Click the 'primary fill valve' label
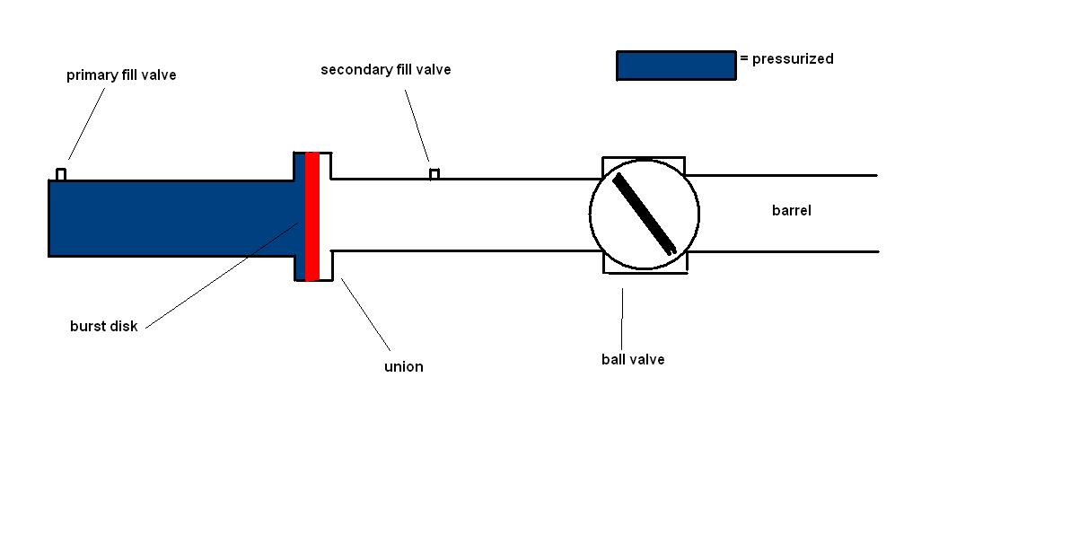click(121, 75)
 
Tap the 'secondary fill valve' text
click(386, 69)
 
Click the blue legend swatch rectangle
click(676, 66)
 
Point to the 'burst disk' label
click(104, 326)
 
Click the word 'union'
click(403, 366)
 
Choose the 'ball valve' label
click(633, 359)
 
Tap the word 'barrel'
click(792, 211)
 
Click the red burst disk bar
click(312, 216)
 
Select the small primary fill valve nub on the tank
click(61, 174)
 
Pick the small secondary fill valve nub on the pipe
click(434, 173)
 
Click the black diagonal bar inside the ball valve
click(645, 214)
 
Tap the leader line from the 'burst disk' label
click(220, 275)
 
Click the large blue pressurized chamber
click(171, 218)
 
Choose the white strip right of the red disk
click(325, 216)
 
